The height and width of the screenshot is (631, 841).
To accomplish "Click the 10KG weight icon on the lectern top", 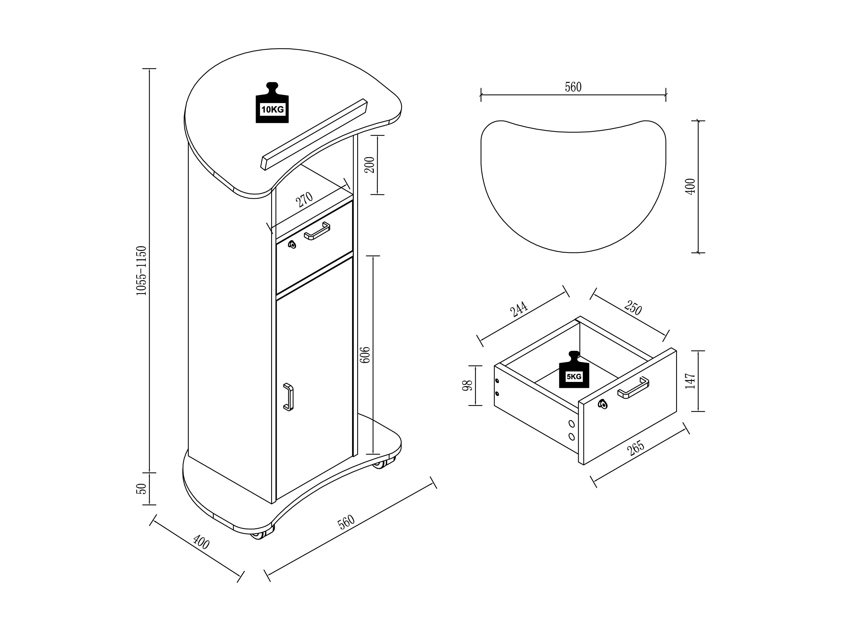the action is click(x=272, y=103).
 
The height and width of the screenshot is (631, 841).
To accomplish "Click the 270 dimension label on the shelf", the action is click(x=304, y=199).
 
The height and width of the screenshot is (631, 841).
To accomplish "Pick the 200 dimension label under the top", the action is click(x=369, y=165).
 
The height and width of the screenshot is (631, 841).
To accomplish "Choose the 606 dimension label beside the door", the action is click(x=365, y=355).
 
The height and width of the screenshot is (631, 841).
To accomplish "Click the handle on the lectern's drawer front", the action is click(x=317, y=231).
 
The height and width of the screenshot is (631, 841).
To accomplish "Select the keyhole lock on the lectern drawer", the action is click(x=292, y=245).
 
